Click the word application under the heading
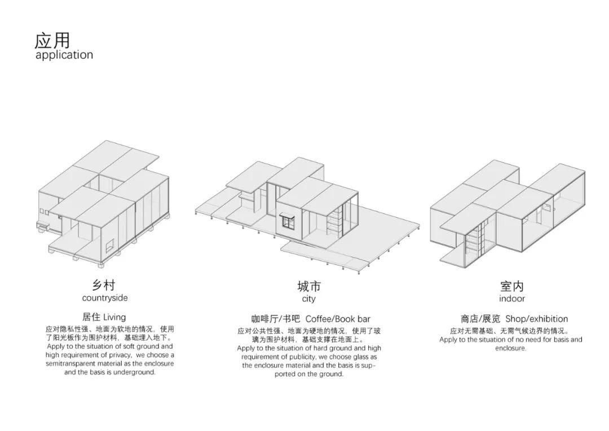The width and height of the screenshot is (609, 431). click(64, 55)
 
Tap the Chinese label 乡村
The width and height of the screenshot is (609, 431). click(105, 285)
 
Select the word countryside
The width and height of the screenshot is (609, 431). click(105, 298)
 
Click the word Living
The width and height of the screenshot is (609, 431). click(114, 317)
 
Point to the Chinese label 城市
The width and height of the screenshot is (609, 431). click(308, 286)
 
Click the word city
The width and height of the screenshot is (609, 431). click(308, 298)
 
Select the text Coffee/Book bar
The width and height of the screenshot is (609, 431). click(338, 319)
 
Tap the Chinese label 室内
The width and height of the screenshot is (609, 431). click(511, 287)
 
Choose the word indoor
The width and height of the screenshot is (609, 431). click(511, 298)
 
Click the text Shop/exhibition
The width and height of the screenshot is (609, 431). click(536, 319)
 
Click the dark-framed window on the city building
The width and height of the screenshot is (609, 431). click(287, 221)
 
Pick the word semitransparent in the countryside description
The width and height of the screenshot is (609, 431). click(72, 364)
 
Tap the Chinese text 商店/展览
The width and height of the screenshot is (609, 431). click(480, 319)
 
